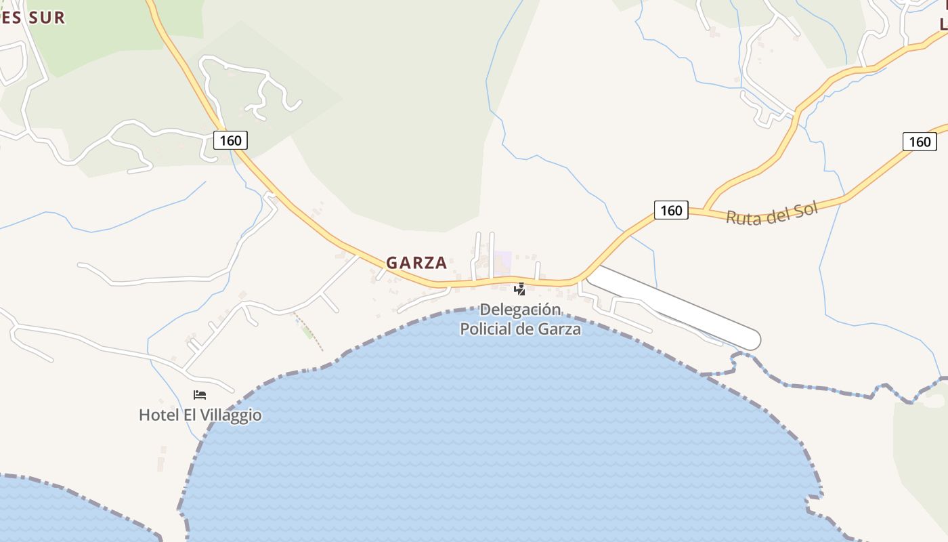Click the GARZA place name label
pos(416,263)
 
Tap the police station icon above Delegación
pos(519,290)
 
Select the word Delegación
pos(520,310)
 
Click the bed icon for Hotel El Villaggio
pos(199,395)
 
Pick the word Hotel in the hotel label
pos(159,415)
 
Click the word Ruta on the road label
pos(741,216)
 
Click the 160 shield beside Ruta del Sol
pos(670,210)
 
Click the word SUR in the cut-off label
pos(47,18)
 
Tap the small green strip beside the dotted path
pos(308,331)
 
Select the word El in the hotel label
pos(191,415)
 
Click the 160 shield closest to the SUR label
pos(230,140)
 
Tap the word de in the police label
pos(528,329)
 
